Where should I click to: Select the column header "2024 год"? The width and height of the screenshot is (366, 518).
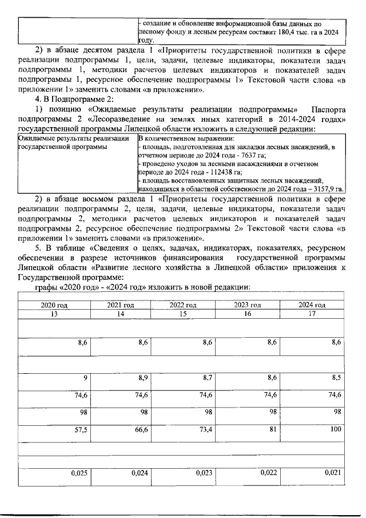(312, 305)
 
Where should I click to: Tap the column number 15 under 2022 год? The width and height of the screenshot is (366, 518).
(183, 314)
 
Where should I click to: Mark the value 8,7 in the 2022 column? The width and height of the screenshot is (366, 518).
(208, 378)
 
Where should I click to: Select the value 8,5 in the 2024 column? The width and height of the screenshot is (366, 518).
(337, 378)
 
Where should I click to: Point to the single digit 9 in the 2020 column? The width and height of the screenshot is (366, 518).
(85, 378)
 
